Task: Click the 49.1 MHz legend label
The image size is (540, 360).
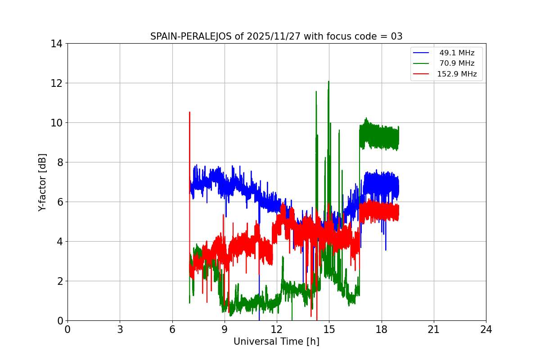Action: click(457, 53)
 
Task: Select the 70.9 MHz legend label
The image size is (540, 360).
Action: click(457, 63)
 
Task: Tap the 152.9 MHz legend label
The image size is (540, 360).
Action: click(457, 74)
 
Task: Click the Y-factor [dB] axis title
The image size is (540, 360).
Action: click(42, 182)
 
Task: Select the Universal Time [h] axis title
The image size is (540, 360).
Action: click(276, 342)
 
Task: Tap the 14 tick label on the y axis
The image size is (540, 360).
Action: click(56, 44)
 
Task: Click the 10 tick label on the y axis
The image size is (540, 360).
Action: click(56, 123)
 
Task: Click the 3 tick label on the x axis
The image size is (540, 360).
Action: click(120, 330)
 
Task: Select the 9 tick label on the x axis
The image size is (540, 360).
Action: click(225, 330)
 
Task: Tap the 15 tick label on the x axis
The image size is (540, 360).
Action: click(329, 330)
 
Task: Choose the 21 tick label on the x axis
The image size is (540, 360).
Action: click(434, 330)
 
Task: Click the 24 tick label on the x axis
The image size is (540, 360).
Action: click(486, 330)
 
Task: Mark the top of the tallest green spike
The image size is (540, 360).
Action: click(328, 81)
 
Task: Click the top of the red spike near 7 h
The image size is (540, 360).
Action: click(189, 112)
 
